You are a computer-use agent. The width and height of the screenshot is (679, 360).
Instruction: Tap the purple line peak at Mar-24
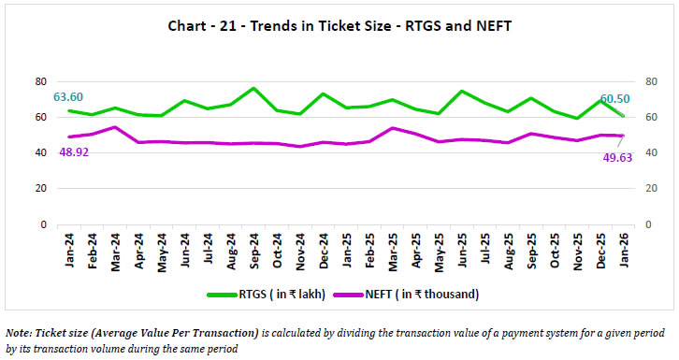[x=114, y=127]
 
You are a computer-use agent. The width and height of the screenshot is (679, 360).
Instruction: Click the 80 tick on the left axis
[x=40, y=81]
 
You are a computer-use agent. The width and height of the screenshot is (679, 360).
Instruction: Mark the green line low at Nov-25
[x=578, y=118]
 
